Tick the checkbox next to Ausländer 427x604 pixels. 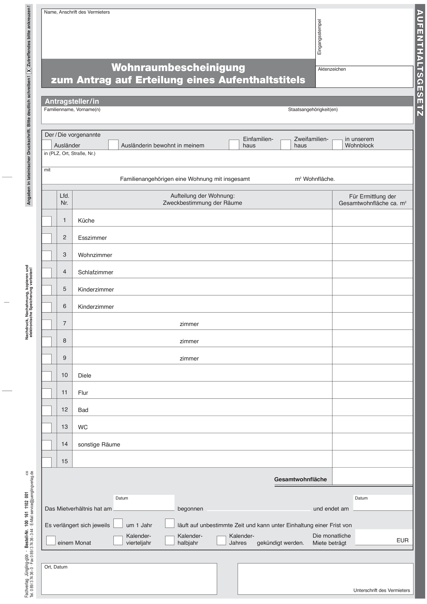pyautogui.click(x=47, y=145)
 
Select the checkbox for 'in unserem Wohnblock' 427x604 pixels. pyautogui.click(x=337, y=145)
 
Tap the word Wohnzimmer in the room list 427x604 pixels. pyautogui.click(x=95, y=255)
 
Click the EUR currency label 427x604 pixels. pyautogui.click(x=402, y=540)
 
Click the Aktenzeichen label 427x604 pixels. pyautogui.click(x=332, y=69)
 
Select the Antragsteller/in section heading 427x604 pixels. pyautogui.click(x=72, y=101)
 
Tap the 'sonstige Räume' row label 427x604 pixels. pyautogui.click(x=99, y=444)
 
